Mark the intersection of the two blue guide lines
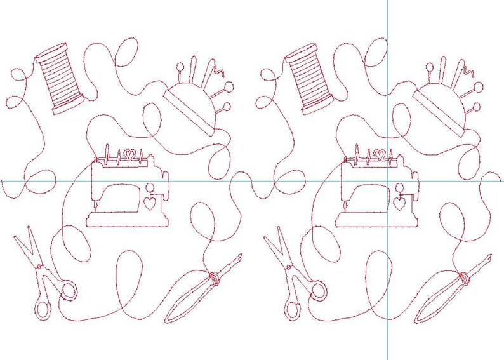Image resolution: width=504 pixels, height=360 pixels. point(387,181)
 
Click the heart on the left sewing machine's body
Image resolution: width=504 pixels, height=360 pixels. point(150,204)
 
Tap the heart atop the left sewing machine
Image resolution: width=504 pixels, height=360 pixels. point(129,154)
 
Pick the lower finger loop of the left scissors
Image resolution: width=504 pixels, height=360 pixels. point(43,309)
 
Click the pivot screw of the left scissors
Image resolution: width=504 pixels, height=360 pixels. point(39,267)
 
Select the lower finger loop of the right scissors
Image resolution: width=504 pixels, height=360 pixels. point(292,309)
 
